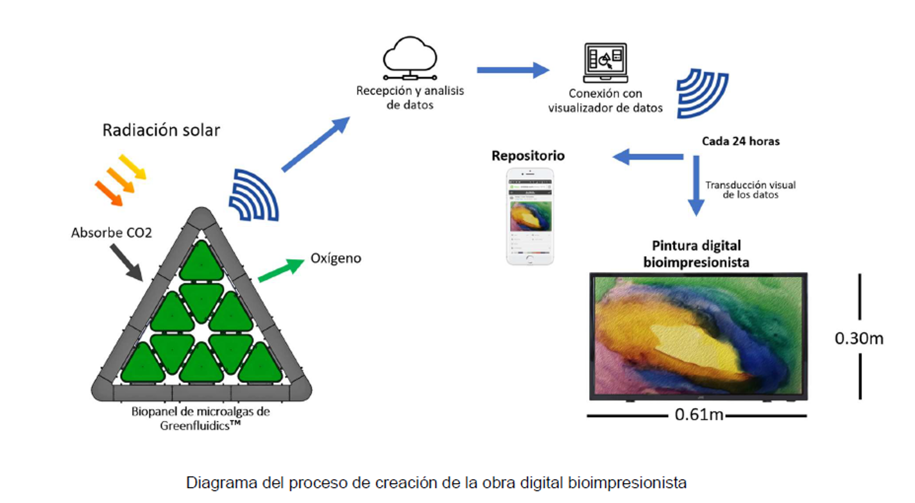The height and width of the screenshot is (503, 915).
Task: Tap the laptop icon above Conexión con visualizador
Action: pyautogui.click(x=604, y=64)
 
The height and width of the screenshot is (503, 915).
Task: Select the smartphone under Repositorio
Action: pyautogui.click(x=529, y=216)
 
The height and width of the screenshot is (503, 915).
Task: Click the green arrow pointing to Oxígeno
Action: pyautogui.click(x=280, y=270)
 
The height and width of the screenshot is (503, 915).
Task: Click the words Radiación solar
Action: pyautogui.click(x=161, y=130)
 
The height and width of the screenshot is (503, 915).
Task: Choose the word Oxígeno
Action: pyautogui.click(x=336, y=259)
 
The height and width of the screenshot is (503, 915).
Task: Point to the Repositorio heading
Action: pyautogui.click(x=528, y=156)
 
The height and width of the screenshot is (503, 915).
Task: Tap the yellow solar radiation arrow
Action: pyautogui.click(x=133, y=166)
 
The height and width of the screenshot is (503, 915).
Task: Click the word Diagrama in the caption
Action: pyautogui.click(x=216, y=482)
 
